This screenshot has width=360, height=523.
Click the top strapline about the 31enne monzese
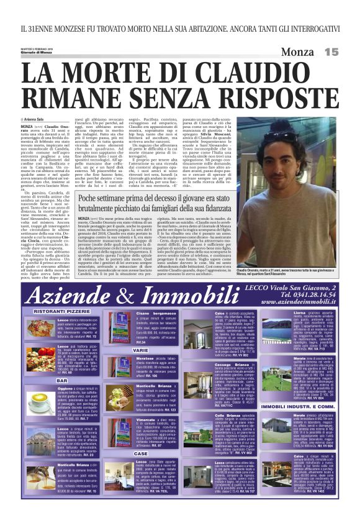click(x=180, y=28)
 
